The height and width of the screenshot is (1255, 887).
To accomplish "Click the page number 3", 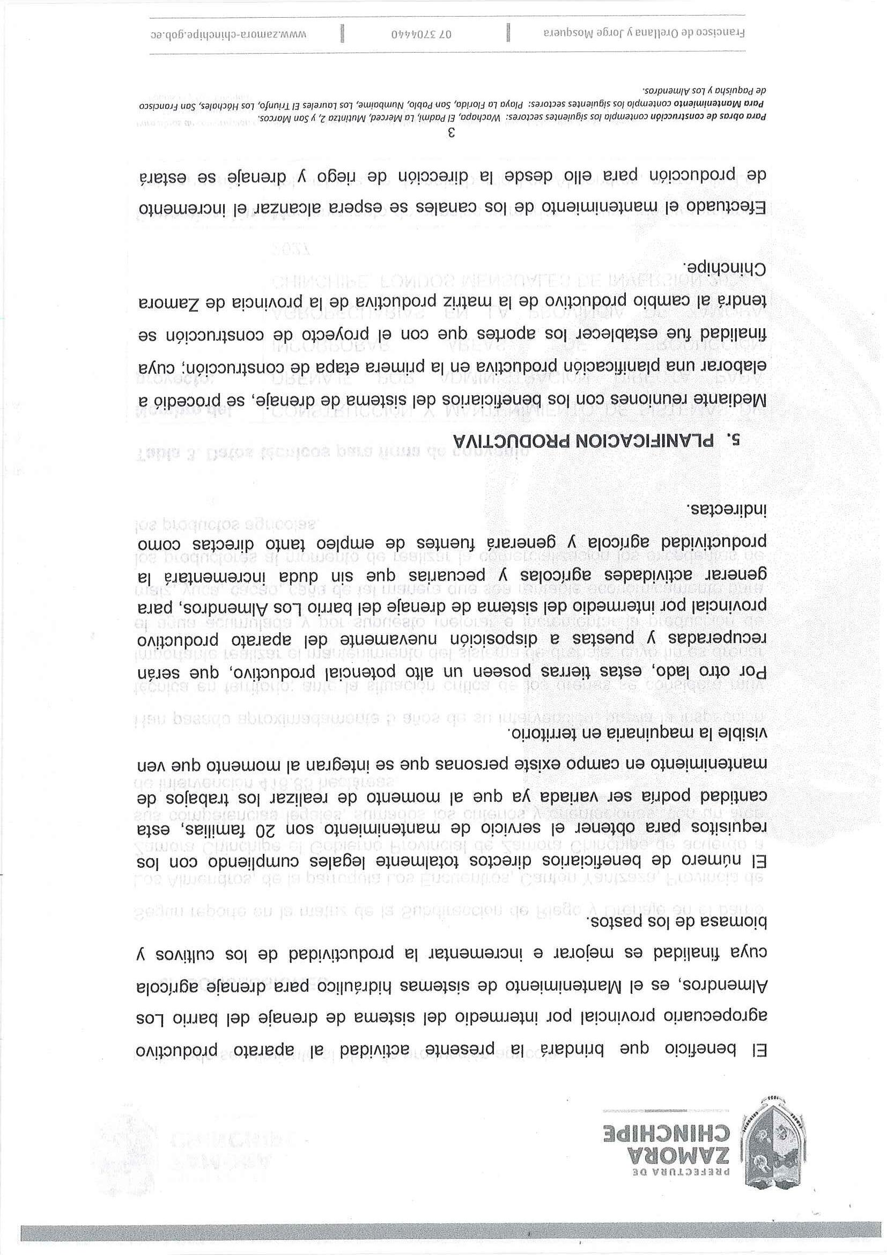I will (x=452, y=133).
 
